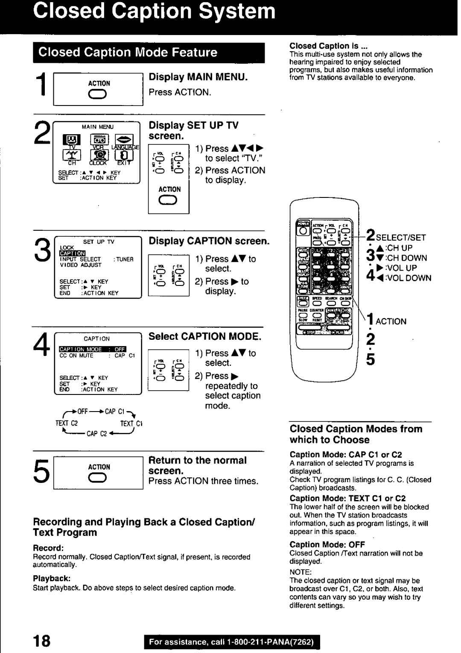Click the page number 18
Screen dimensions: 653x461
point(41,640)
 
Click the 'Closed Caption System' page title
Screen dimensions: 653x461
point(155,12)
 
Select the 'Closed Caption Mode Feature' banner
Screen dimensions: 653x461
point(128,53)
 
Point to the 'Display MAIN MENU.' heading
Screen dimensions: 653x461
point(198,77)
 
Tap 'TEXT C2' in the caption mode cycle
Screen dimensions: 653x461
point(66,424)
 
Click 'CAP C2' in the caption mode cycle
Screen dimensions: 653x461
point(96,434)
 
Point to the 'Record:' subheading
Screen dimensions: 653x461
point(48,548)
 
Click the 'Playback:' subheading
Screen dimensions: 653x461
point(52,579)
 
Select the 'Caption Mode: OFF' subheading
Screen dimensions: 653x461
point(327,544)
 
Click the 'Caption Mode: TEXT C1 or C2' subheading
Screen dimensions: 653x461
point(347,498)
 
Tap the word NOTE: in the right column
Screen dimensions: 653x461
point(301,572)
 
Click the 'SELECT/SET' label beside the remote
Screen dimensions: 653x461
point(401,238)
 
